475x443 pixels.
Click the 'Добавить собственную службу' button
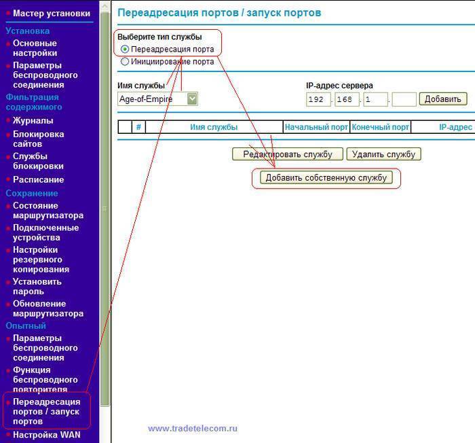[326, 178]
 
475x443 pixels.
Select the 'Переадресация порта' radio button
[125, 50]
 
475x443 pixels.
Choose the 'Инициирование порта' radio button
[125, 61]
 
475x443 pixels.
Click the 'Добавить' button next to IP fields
[443, 99]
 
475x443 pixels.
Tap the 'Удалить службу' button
[383, 154]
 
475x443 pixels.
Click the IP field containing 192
[317, 99]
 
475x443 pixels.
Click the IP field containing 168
[346, 99]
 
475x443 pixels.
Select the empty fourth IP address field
[404, 99]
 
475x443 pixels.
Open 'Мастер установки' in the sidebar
[51, 13]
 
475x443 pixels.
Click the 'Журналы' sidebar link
[33, 120]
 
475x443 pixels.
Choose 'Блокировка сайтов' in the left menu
[38, 139]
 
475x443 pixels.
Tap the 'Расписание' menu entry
[38, 179]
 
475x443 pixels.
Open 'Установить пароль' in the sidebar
[37, 286]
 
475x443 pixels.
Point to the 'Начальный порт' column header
[316, 127]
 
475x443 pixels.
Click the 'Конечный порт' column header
[381, 127]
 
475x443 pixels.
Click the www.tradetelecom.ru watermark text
[193, 428]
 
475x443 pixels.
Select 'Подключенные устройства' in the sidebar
[45, 232]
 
